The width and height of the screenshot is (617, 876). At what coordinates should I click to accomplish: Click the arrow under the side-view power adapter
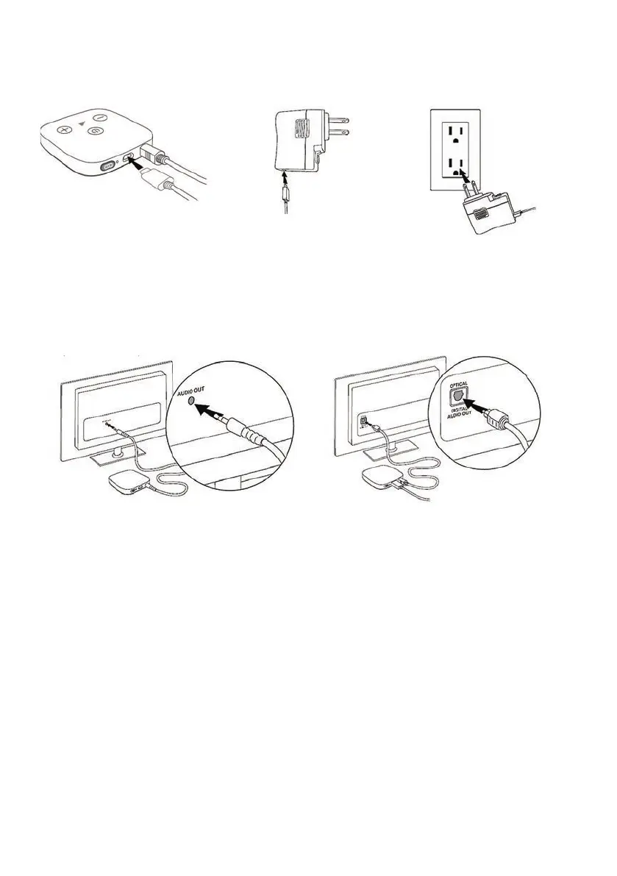point(285,179)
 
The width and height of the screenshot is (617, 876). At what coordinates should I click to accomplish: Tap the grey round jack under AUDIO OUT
point(192,402)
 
